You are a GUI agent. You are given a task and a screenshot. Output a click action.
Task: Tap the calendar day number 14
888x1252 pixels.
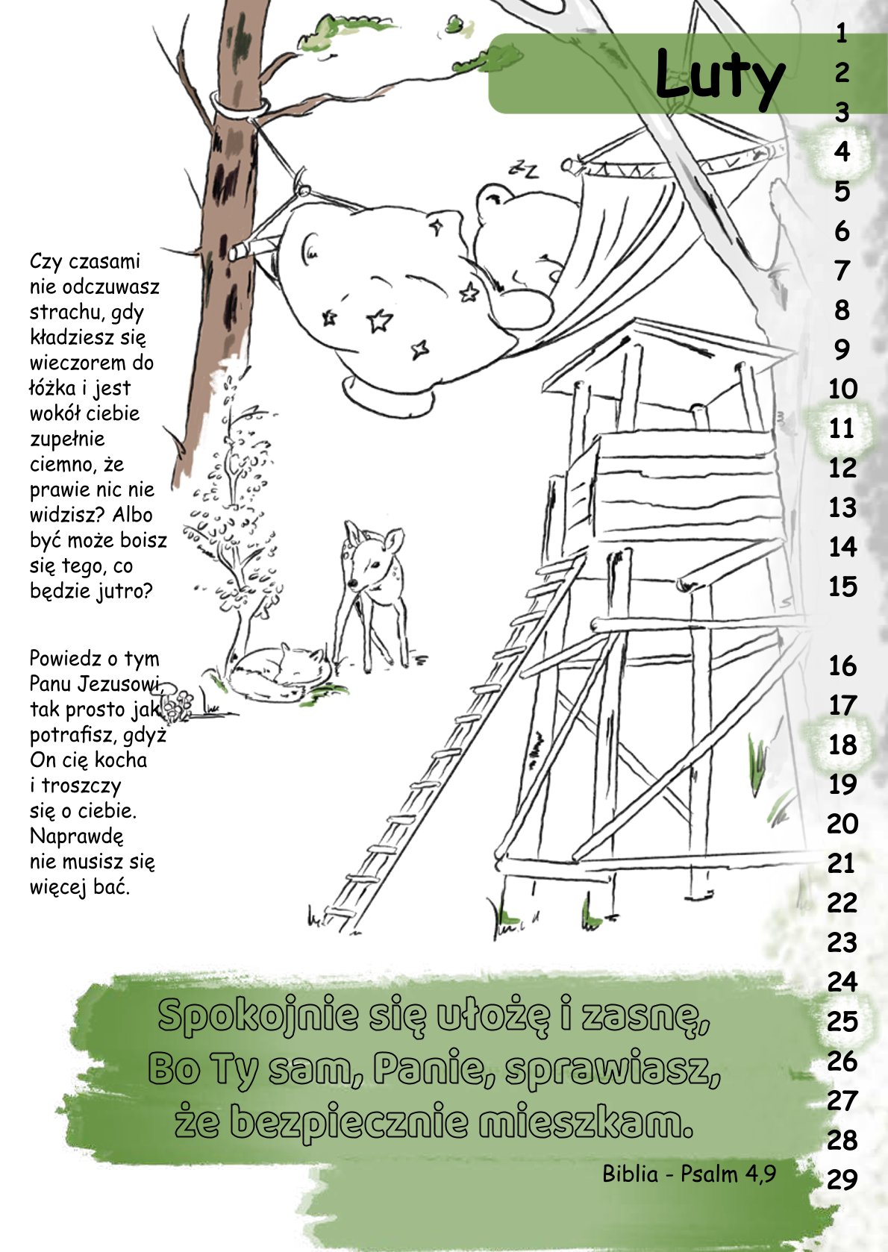coord(842,547)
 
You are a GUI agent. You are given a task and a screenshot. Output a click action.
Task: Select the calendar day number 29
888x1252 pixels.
coord(842,1180)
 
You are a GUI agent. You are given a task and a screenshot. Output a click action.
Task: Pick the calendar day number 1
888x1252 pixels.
coord(842,34)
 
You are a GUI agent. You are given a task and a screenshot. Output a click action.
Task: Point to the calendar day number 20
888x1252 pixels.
coord(842,823)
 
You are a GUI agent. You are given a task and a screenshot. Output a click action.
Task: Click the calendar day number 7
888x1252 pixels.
coord(842,271)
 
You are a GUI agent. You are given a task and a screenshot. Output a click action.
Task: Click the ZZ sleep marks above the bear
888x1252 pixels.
coord(524,169)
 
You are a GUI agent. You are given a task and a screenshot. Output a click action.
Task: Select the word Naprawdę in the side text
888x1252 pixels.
coord(77,836)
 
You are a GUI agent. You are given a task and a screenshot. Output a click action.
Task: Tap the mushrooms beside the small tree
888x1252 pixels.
coord(181,701)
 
